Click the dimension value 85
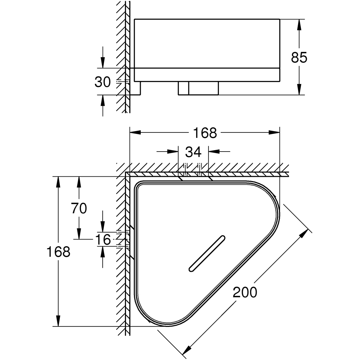[x=299, y=57]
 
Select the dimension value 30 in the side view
[x=103, y=82]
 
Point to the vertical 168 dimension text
[x=58, y=252]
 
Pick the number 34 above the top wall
[x=193, y=152]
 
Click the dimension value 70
[x=79, y=208]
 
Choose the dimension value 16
[x=103, y=240]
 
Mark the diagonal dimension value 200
[x=245, y=292]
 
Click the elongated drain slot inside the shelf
[x=207, y=253]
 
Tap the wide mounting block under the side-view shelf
[x=198, y=88]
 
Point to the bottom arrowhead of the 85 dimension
[x=299, y=91]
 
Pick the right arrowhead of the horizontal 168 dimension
[x=275, y=133]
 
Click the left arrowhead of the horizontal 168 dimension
[x=134, y=133]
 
